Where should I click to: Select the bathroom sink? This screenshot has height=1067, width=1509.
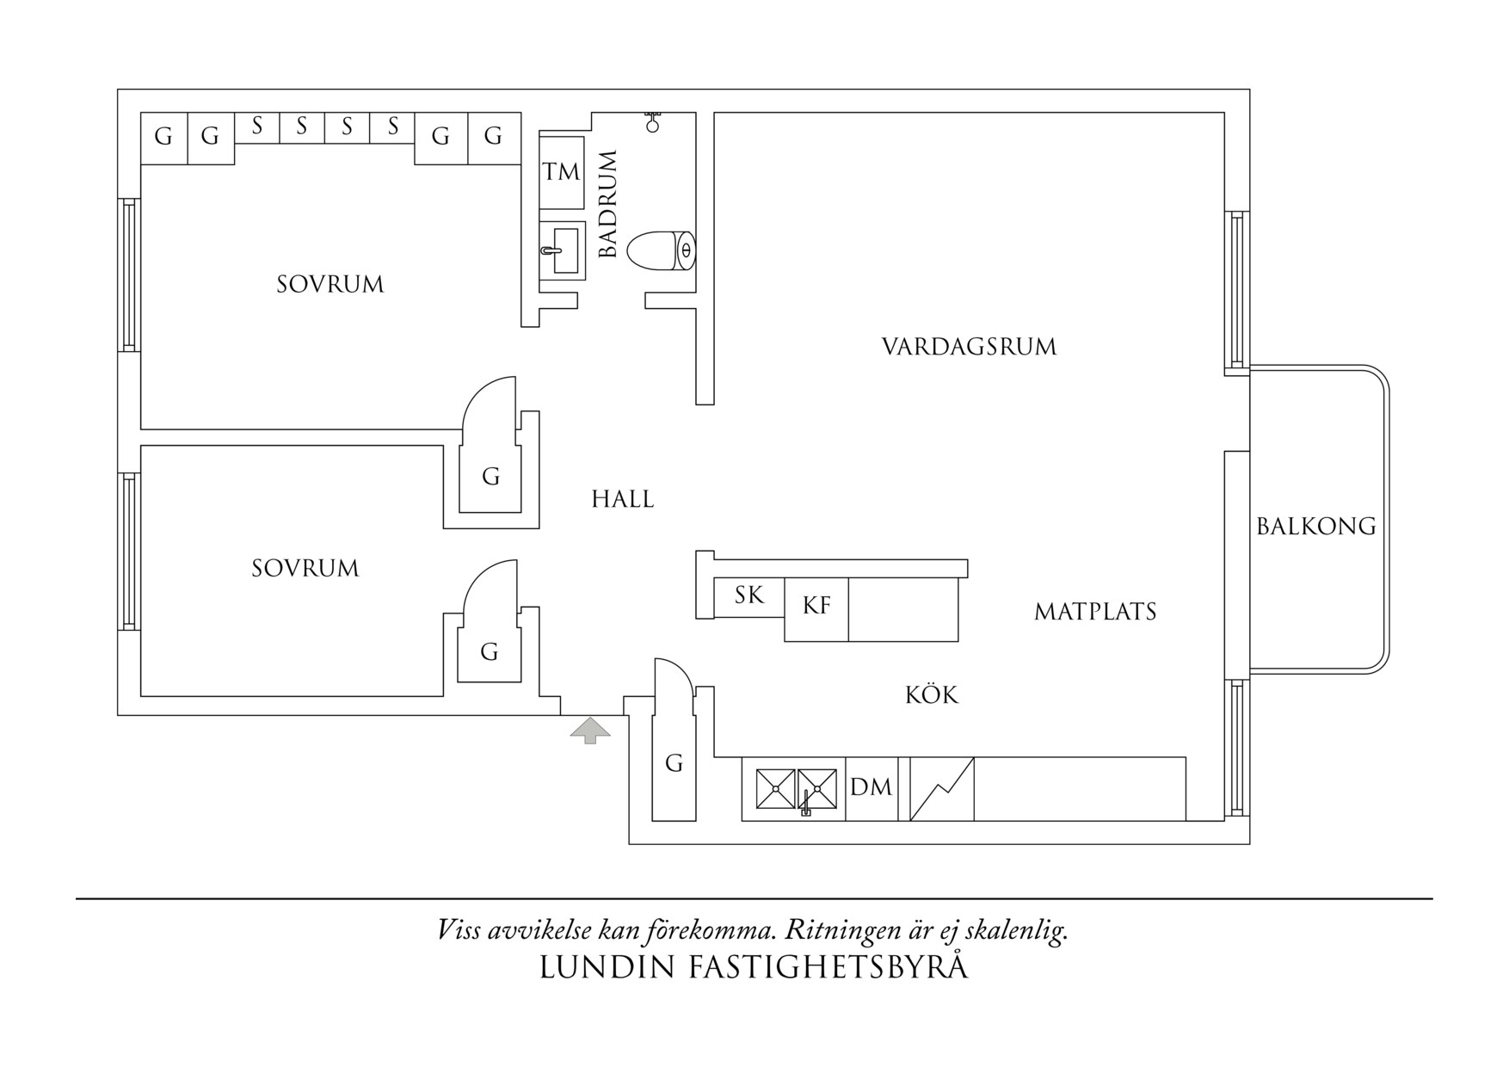563,250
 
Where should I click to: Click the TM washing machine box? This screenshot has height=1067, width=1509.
562,172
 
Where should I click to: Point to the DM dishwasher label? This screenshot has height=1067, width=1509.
871,788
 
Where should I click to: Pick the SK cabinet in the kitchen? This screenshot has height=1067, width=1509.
749,596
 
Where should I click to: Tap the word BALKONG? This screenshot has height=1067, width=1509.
1315,527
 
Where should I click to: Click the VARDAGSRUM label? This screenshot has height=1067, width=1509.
969,348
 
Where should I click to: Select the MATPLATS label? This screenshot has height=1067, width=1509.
1094,613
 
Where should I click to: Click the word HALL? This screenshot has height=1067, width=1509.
622,500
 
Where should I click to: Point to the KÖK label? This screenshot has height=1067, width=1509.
931,695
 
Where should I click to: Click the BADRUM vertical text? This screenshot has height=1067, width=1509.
608,204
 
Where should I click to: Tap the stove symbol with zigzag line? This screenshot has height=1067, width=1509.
942,788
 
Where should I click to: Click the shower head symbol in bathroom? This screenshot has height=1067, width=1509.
653,121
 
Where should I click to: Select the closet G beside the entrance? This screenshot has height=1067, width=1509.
674,763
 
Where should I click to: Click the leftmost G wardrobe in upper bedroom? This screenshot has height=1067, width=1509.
163,137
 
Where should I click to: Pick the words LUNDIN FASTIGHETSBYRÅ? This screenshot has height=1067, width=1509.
754,967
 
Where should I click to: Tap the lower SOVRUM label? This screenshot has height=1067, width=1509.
305,569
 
